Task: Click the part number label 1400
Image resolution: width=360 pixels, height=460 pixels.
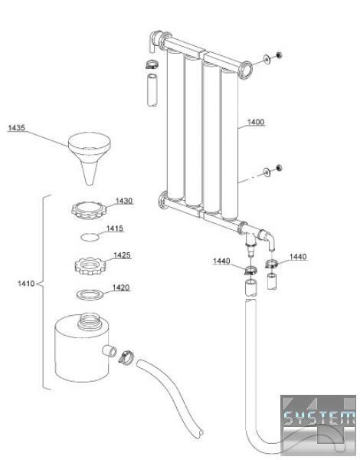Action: (256, 122)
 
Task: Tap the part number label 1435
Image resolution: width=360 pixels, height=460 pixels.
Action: (16, 128)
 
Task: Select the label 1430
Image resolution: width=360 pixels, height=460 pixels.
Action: (124, 201)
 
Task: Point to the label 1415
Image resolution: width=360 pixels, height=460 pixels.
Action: (115, 228)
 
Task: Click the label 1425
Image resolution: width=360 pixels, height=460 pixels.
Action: (122, 255)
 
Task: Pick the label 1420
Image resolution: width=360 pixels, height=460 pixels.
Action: (121, 287)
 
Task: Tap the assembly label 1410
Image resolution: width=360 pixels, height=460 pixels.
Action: (26, 284)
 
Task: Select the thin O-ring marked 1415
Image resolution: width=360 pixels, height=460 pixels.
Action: (90, 237)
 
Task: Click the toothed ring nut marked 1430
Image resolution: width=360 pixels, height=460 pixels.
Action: (89, 211)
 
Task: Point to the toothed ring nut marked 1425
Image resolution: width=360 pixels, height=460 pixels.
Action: (90, 266)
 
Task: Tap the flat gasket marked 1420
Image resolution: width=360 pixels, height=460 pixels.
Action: (90, 294)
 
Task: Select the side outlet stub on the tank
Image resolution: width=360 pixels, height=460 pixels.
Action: (110, 350)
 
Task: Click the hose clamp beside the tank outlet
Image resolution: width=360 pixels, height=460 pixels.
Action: (126, 357)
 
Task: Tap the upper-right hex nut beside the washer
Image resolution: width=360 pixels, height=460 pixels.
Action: (279, 55)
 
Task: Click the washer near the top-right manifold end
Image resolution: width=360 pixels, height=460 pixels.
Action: (267, 59)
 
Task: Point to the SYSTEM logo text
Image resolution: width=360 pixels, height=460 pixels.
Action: (319, 418)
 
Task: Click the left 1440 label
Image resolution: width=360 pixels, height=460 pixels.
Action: (221, 261)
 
